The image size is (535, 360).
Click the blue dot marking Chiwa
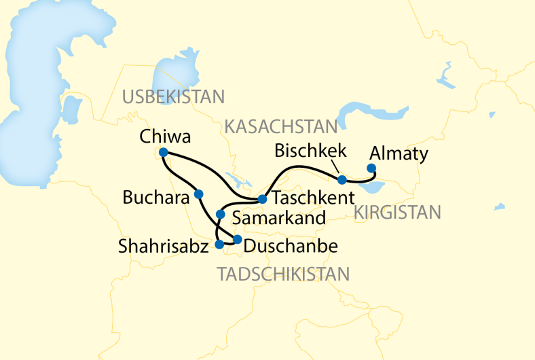[x=163, y=153]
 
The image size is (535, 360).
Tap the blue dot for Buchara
[x=198, y=194]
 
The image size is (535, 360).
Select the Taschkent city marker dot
[x=262, y=200]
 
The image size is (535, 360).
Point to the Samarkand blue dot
[x=220, y=215]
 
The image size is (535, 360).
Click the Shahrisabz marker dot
[x=219, y=244]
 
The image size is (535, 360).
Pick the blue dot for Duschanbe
[x=238, y=239]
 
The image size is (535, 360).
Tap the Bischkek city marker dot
[x=342, y=180]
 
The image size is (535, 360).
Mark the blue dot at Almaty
[x=371, y=168]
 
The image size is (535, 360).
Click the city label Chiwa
[x=164, y=137]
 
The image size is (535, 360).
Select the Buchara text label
[x=155, y=198]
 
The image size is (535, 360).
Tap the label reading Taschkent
[x=314, y=199]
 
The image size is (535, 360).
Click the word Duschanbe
[x=290, y=245]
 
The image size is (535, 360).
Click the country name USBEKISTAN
[x=173, y=96]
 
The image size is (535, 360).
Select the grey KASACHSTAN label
[x=281, y=126]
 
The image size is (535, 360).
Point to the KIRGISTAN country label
[x=397, y=213]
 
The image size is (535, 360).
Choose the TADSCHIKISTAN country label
[x=283, y=274]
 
